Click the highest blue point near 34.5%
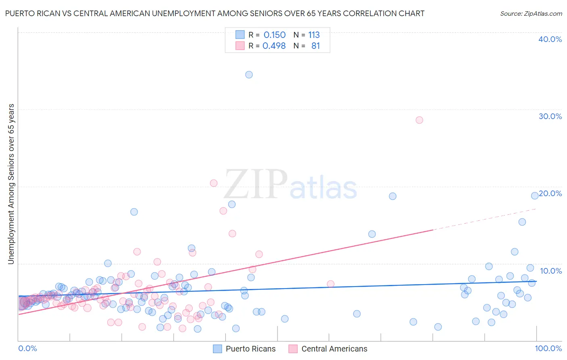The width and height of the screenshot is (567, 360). [249, 75]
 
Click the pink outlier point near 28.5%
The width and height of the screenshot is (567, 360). [419, 120]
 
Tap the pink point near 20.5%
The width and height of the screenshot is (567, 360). [214, 183]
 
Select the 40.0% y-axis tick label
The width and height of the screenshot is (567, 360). [550, 39]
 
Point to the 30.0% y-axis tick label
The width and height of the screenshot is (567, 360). [550, 116]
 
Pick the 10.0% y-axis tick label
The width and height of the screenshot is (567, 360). [551, 271]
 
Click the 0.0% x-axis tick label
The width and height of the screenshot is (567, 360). [27, 348]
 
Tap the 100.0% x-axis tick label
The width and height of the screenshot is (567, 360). [548, 348]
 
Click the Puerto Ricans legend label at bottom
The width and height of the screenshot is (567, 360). [250, 349]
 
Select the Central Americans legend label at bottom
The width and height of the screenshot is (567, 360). [334, 349]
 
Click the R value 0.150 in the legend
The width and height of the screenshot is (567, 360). [274, 35]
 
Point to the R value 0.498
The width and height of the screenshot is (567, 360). [274, 46]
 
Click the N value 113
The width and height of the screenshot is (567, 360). [314, 35]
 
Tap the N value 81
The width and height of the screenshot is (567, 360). [315, 46]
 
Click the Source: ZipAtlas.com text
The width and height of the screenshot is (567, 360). [531, 14]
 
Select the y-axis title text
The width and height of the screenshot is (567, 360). [11, 184]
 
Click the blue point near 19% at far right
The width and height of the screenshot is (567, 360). [535, 196]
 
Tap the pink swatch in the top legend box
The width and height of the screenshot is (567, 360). [240, 46]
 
